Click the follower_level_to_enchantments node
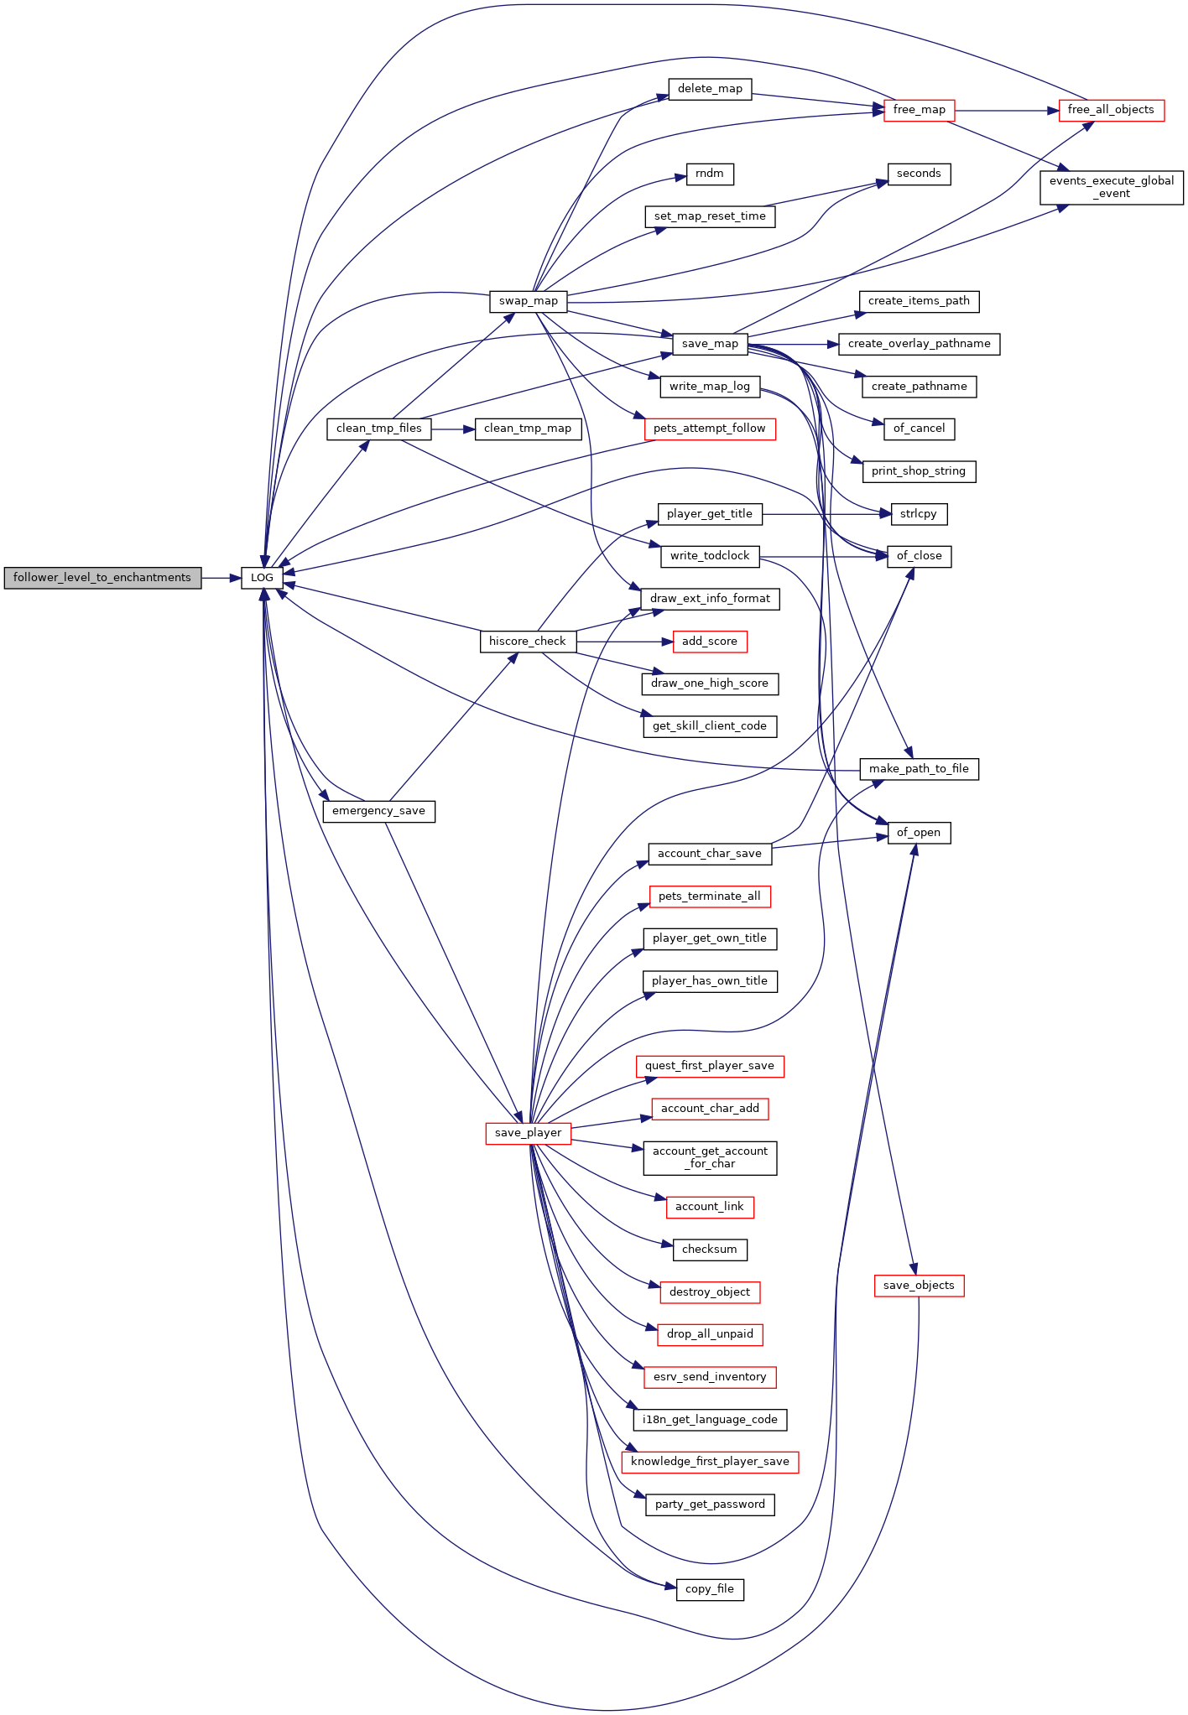coord(102,578)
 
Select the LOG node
coord(262,578)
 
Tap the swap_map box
coord(529,301)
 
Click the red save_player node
coord(529,1133)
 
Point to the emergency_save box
coord(378,811)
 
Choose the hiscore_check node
coord(528,642)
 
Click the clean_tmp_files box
coord(379,429)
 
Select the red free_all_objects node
coord(1111,110)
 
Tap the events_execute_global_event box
coord(1112,187)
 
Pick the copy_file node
coord(710,1589)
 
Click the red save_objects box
coord(920,1286)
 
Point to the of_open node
coord(919,833)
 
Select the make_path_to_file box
coord(919,769)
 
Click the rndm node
coord(710,174)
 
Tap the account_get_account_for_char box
coord(710,1158)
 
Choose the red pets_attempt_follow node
coord(710,429)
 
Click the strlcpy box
coord(919,514)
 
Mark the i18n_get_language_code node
coord(710,1420)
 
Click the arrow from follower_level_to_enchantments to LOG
coord(221,578)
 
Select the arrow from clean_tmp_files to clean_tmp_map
coord(453,429)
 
